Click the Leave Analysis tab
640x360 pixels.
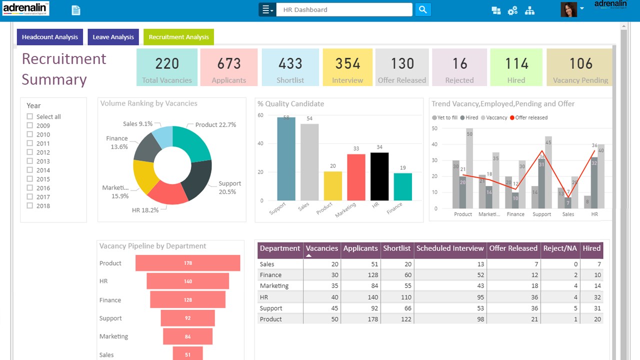click(113, 37)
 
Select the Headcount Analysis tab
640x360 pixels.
click(50, 37)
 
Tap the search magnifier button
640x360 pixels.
click(423, 9)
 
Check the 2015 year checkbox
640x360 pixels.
click(30, 179)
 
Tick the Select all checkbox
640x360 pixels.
click(30, 116)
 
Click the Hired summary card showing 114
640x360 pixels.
click(516, 67)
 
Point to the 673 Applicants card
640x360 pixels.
click(229, 67)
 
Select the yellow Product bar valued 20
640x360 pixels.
click(333, 186)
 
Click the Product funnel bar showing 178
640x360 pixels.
click(188, 263)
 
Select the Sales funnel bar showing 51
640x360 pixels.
click(188, 354)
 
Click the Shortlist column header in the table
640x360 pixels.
click(396, 248)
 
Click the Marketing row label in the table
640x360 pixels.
click(274, 286)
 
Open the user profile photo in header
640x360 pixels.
click(568, 9)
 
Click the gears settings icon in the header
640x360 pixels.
click(512, 10)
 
